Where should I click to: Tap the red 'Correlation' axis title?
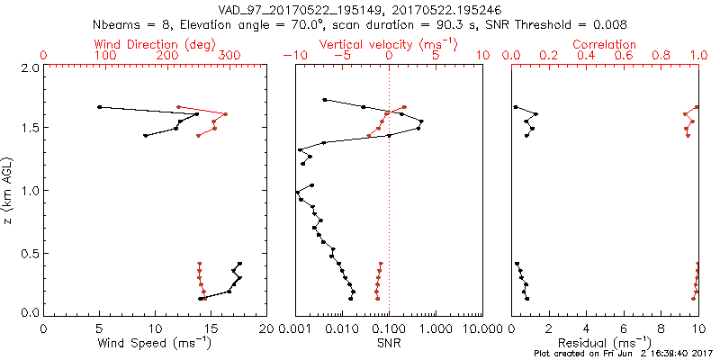click(605, 44)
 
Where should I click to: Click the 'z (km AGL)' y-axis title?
click(8, 190)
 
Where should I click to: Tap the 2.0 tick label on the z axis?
click(30, 68)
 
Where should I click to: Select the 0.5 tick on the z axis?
click(30, 252)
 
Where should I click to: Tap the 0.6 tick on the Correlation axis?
click(624, 57)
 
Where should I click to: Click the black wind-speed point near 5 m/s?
click(99, 107)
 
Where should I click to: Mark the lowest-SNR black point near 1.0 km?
click(297, 193)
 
